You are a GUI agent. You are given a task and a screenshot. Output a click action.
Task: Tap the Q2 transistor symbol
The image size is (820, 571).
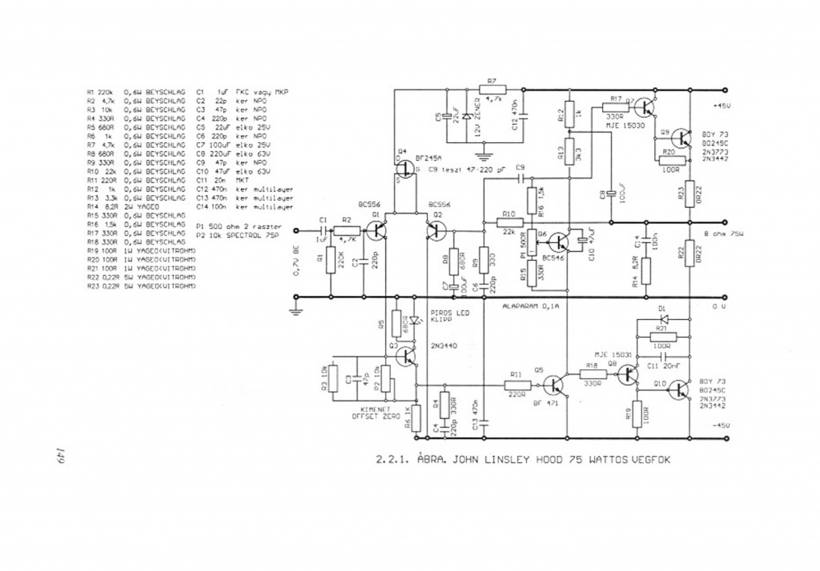point(436,230)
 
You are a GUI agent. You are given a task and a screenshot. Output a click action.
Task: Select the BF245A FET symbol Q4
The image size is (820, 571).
point(404,170)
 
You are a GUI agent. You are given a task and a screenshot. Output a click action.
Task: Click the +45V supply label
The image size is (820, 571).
point(724,106)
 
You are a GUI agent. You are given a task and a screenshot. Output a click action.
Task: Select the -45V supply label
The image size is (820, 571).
point(724,425)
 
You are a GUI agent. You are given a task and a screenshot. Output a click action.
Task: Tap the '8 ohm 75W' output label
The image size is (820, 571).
point(723,234)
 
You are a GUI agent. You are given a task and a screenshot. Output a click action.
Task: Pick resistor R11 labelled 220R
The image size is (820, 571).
point(517,385)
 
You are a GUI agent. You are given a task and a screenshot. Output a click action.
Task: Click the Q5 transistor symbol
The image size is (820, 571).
point(552,385)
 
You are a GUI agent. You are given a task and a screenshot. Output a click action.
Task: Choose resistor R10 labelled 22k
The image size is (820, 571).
point(510,222)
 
